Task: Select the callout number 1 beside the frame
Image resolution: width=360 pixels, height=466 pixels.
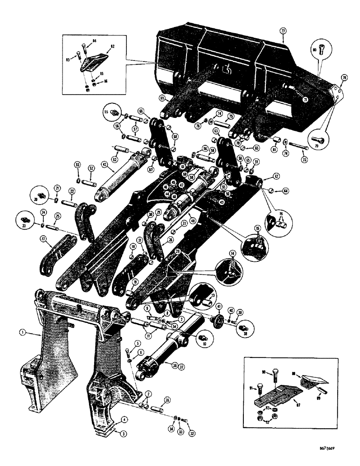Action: pos(21,332)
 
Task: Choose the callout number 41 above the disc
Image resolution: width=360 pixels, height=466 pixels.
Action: pos(218,306)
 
